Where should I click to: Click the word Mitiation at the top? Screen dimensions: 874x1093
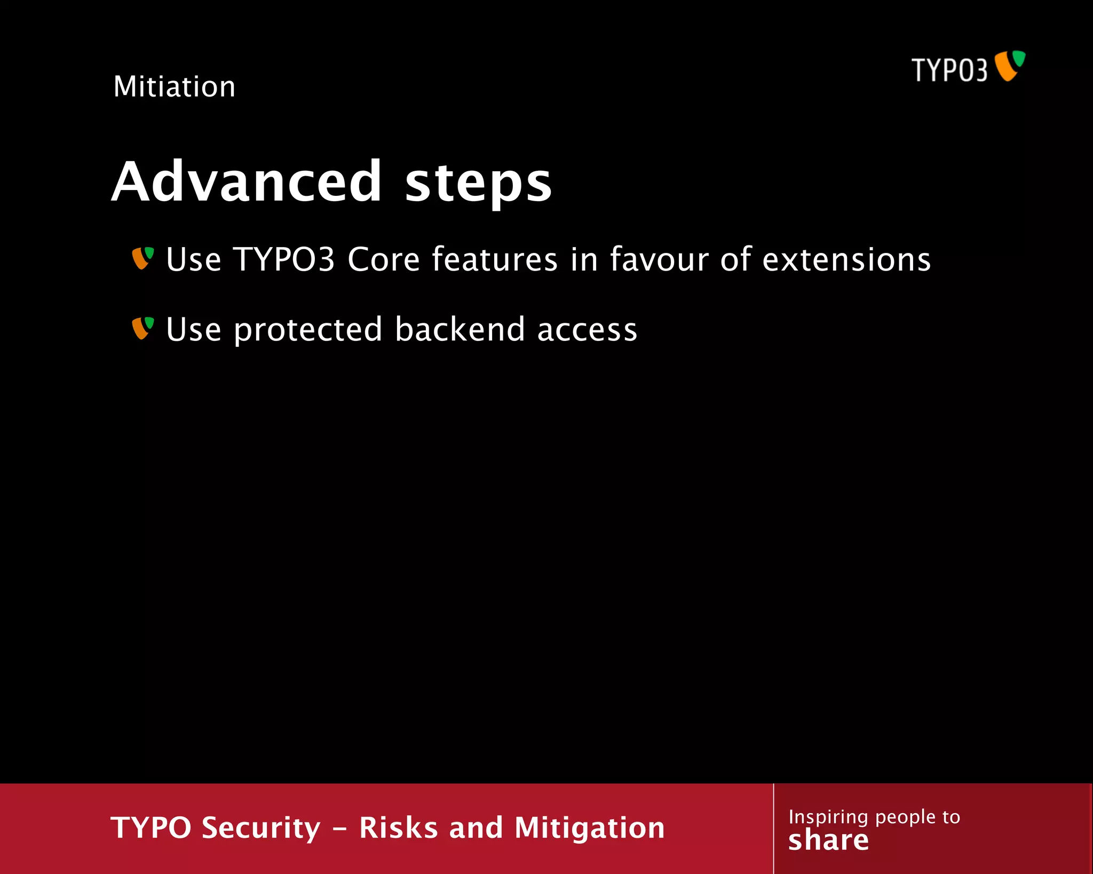[175, 86]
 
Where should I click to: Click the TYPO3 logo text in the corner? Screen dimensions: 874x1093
[949, 70]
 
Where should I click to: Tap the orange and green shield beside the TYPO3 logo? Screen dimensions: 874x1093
[1010, 66]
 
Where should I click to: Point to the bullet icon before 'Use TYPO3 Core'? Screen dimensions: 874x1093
[143, 258]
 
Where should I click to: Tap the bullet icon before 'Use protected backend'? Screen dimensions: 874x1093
[143, 328]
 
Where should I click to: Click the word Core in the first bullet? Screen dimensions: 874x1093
[384, 260]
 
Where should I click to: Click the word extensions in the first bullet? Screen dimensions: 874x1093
[846, 260]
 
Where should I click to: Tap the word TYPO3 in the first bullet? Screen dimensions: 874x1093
[284, 260]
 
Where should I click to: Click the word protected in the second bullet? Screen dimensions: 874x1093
[308, 330]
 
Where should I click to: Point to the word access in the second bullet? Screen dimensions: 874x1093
[587, 330]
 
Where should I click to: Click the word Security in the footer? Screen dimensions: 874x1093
[262, 828]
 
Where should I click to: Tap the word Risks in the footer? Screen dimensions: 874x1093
[399, 828]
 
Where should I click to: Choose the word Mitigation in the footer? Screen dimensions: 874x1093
[590, 828]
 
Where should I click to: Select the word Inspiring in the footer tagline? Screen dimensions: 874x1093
[828, 817]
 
